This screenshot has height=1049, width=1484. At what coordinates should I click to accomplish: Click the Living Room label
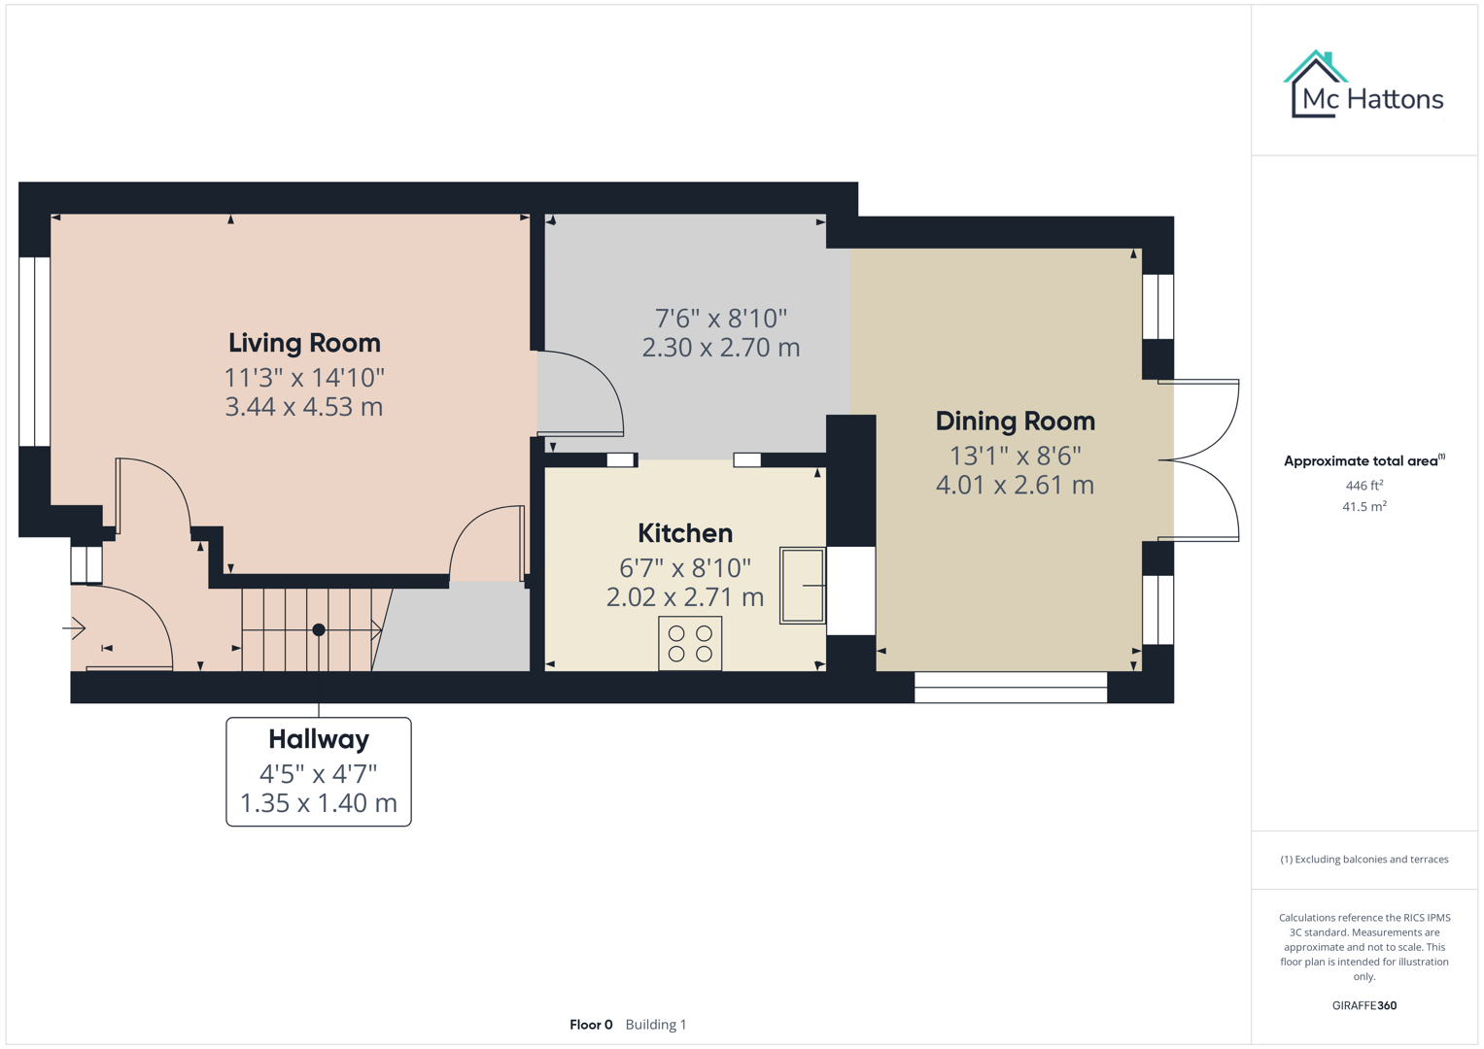[304, 343]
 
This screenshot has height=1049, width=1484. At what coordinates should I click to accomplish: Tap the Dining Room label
[1015, 422]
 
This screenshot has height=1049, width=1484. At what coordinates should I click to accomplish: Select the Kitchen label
[685, 533]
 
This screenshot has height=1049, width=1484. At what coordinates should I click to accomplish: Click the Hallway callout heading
[319, 739]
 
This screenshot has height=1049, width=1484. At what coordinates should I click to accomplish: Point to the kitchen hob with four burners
[690, 643]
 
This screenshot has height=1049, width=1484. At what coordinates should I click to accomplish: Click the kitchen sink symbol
[802, 586]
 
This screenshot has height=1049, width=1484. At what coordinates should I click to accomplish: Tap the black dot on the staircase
[319, 630]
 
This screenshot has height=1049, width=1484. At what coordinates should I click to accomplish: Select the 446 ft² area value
[1363, 486]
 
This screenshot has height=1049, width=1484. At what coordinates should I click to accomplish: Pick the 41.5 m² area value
[1363, 507]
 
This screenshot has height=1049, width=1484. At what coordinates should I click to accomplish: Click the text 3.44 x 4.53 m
[304, 407]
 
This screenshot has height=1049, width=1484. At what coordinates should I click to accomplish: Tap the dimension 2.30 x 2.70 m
[720, 348]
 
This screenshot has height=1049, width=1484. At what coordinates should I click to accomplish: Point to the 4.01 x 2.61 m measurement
[1015, 485]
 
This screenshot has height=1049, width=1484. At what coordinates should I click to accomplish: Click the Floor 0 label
[591, 1025]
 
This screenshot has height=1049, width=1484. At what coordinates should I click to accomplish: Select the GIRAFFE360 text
[1363, 1006]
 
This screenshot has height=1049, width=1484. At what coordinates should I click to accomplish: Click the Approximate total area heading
[1363, 461]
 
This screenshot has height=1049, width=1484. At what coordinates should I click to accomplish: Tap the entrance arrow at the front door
[75, 628]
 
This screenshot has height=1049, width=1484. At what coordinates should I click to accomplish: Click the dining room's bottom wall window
[1011, 688]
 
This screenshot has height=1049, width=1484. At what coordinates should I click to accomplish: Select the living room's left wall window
[35, 352]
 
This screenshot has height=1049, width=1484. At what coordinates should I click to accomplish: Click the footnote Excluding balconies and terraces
[1363, 860]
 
